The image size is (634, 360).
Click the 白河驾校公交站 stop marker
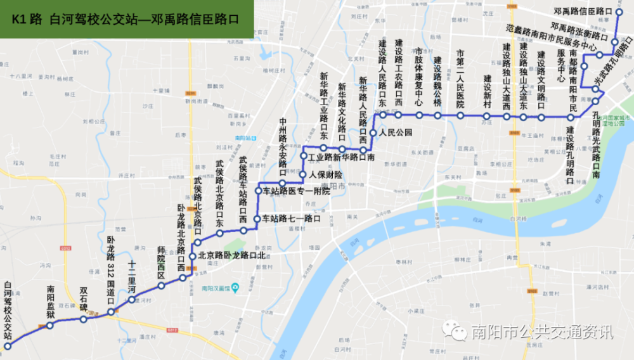coord(8,346)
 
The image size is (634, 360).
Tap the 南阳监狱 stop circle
coord(50,326)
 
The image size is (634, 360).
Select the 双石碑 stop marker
coord(84,319)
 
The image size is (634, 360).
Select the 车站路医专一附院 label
coord(297,191)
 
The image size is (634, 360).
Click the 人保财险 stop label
coord(326,174)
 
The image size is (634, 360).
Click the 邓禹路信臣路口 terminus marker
coord(618,11)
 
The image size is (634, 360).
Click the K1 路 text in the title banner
coord(26,19)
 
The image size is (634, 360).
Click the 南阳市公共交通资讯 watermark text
coord(542,331)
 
